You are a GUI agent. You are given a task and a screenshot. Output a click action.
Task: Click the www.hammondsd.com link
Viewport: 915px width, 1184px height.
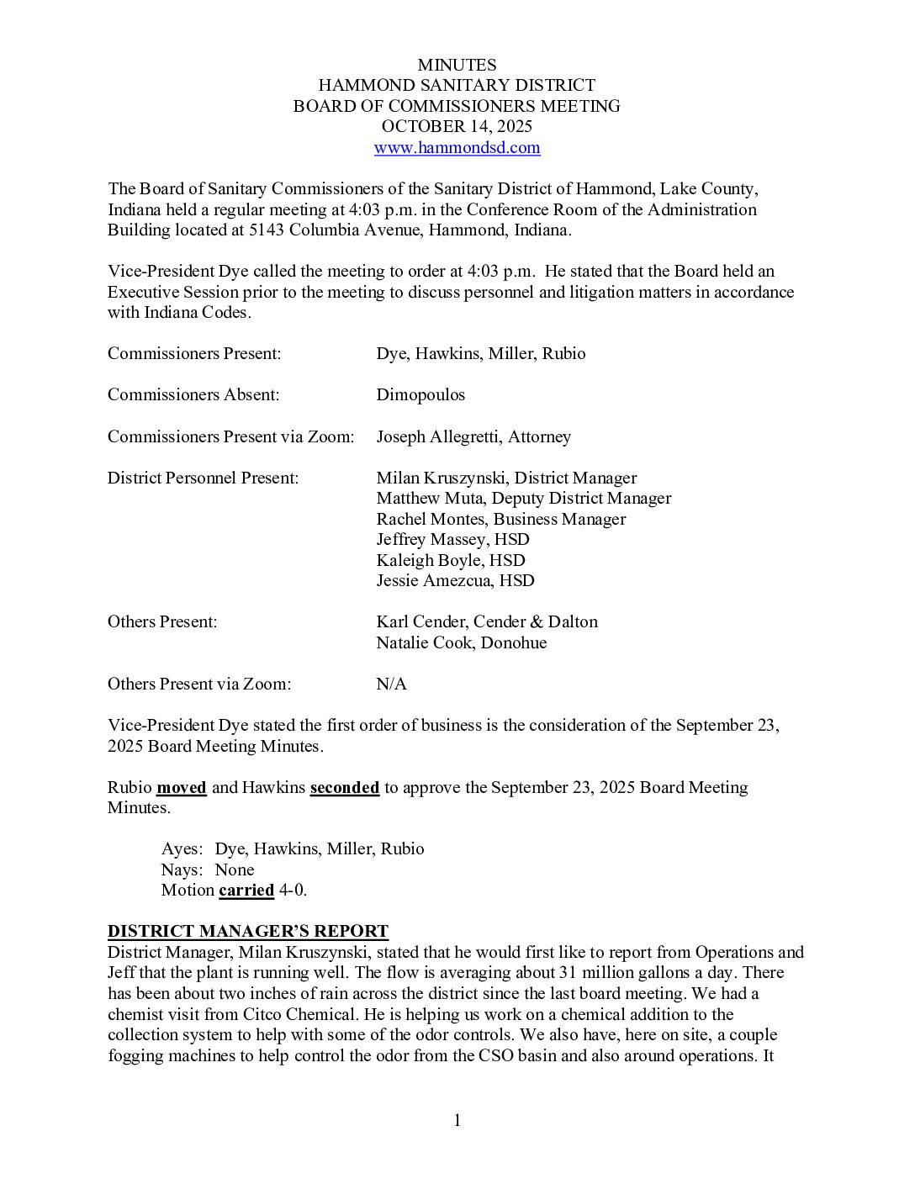457,148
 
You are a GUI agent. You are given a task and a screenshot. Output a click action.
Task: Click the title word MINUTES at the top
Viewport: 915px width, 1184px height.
457,65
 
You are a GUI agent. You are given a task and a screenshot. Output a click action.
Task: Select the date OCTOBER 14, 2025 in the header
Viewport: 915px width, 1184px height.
457,127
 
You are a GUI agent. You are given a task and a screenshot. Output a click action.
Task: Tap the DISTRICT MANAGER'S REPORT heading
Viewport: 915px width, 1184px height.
247,932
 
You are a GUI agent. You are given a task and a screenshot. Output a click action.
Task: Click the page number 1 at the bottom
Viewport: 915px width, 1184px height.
457,1120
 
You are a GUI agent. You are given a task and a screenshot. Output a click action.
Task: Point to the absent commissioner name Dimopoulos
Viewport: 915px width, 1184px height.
420,395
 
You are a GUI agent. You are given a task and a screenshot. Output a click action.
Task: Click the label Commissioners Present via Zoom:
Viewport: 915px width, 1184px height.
230,436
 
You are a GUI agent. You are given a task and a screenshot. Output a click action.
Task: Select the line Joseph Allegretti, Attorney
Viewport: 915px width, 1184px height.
473,436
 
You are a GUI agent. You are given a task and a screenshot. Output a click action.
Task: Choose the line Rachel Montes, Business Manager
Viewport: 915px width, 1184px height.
500,519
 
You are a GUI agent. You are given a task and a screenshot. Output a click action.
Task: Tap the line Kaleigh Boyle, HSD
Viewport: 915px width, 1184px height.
450,560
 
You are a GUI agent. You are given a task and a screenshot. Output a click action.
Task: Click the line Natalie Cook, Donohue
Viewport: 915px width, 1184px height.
461,642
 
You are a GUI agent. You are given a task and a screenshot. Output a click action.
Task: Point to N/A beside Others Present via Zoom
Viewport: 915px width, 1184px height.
391,684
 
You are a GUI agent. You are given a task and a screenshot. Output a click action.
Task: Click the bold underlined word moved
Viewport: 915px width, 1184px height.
182,788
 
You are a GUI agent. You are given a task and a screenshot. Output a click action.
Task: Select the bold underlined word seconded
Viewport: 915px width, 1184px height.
345,788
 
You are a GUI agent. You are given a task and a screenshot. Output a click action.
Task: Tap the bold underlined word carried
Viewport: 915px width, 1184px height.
246,891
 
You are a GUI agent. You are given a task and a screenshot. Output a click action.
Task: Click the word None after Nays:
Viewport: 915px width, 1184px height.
234,869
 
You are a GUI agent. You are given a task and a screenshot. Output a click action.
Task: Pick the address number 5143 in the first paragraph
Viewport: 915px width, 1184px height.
267,230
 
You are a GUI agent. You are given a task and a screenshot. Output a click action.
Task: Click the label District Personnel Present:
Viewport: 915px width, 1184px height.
203,478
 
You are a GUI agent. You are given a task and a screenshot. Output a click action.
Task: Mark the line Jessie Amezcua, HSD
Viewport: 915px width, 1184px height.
455,580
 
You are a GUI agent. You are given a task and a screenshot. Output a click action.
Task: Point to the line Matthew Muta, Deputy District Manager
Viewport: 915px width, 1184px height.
523,498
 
